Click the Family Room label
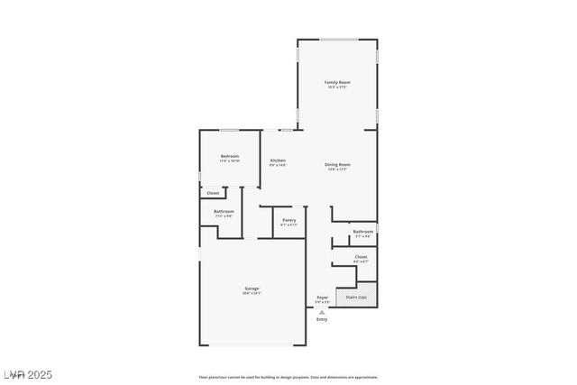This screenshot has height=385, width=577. click(337, 82)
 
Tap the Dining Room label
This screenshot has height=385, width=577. click(337, 164)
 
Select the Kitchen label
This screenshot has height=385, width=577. click(278, 160)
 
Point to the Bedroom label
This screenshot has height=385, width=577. click(230, 156)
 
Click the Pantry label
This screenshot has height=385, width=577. click(288, 220)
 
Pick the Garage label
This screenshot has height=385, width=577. click(252, 289)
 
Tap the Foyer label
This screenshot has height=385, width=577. click(322, 297)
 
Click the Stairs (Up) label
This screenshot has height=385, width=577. click(355, 297)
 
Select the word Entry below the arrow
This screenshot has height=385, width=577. click(322, 319)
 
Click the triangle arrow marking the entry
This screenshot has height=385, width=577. click(322, 311)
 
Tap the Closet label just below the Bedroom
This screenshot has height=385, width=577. click(213, 193)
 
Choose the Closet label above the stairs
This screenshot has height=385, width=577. click(361, 257)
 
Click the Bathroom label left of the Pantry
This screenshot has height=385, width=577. click(224, 212)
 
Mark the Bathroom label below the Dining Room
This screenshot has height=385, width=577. click(363, 232)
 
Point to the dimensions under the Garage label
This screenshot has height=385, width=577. click(252, 293)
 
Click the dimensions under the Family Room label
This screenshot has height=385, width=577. click(337, 87)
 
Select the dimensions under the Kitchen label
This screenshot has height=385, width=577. click(278, 165)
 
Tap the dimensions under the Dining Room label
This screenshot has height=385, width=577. click(337, 169)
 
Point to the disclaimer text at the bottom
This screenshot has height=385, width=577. click(288, 377)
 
